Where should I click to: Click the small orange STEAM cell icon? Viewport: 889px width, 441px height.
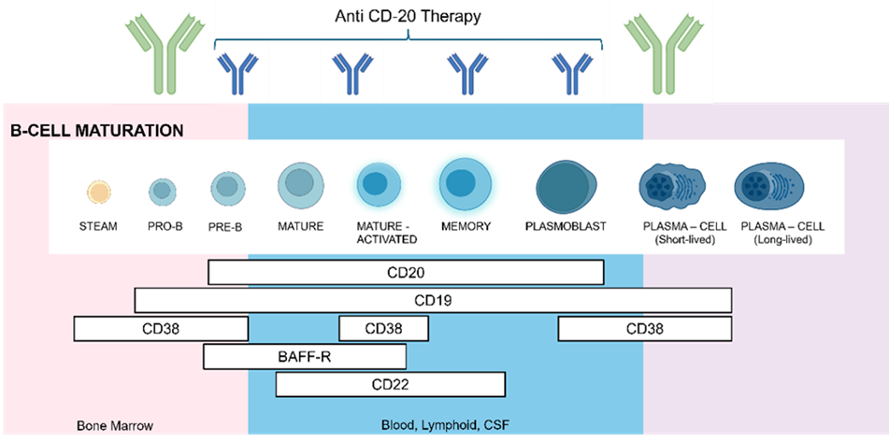coord(98,192)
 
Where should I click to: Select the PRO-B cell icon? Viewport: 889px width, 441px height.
coord(162,192)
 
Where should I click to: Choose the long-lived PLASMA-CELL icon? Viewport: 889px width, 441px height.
coord(770,186)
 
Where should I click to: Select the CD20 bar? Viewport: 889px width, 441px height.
coord(405,272)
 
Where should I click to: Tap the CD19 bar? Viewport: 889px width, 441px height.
coord(433,301)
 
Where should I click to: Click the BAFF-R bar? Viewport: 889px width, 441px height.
coord(305,356)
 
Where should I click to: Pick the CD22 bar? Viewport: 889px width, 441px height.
coord(390,384)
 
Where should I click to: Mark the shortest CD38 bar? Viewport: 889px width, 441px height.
coord(383,329)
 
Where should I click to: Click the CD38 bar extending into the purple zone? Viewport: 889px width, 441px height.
coord(644,329)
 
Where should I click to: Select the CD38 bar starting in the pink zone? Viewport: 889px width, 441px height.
coord(161,329)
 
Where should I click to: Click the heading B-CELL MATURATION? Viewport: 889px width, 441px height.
coord(96,131)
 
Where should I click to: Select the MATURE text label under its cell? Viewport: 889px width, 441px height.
coord(300,226)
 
